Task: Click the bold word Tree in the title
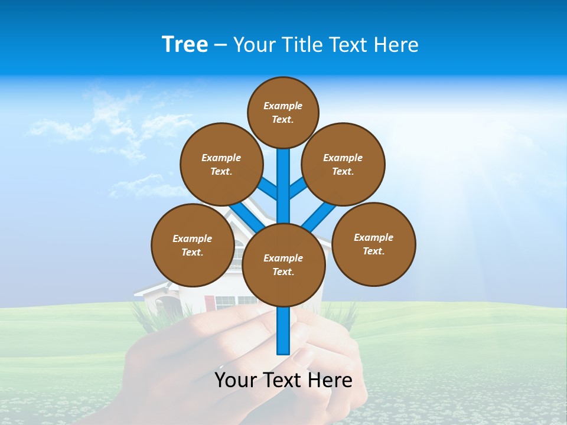tap(185, 44)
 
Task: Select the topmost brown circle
tap(283, 112)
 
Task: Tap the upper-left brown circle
tap(221, 164)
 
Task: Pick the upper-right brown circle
tap(343, 164)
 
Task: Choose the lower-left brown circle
tap(193, 245)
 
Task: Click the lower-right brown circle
tap(374, 244)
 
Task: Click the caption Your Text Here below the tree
tap(283, 380)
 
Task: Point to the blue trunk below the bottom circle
tap(283, 331)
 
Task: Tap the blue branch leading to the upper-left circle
tap(269, 188)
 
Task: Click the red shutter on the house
tap(208, 302)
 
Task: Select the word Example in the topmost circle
tap(283, 106)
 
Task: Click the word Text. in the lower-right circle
tap(373, 251)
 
